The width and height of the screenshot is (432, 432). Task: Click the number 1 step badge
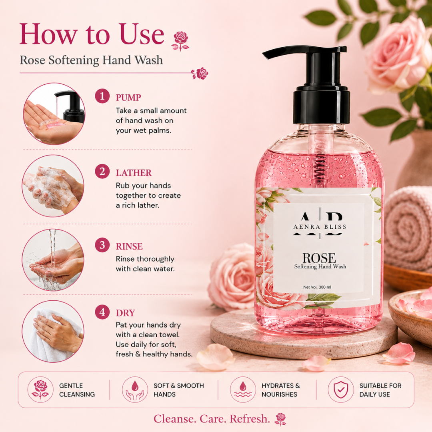pos(102,96)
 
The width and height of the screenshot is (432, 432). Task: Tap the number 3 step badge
pos(102,245)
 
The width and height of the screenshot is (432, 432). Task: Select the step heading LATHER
pos(134,173)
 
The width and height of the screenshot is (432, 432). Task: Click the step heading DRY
pos(125,313)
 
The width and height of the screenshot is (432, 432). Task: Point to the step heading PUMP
pos(128,98)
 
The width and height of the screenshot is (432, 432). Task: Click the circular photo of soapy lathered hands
pos(53,186)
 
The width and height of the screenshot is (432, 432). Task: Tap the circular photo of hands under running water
pos(53,260)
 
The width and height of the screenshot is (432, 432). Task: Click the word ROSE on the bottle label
pos(319,258)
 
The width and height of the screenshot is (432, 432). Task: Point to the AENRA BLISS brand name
pos(320,227)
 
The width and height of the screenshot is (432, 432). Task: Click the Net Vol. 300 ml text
pos(317,287)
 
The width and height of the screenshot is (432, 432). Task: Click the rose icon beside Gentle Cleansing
pos(40,390)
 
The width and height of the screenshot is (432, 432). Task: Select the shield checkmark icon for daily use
pos(341,390)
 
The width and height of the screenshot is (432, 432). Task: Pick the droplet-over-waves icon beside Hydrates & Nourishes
pos(243,390)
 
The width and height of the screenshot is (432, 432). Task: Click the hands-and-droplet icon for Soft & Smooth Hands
pos(135,390)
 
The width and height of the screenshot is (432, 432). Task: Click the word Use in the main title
pos(142,34)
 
